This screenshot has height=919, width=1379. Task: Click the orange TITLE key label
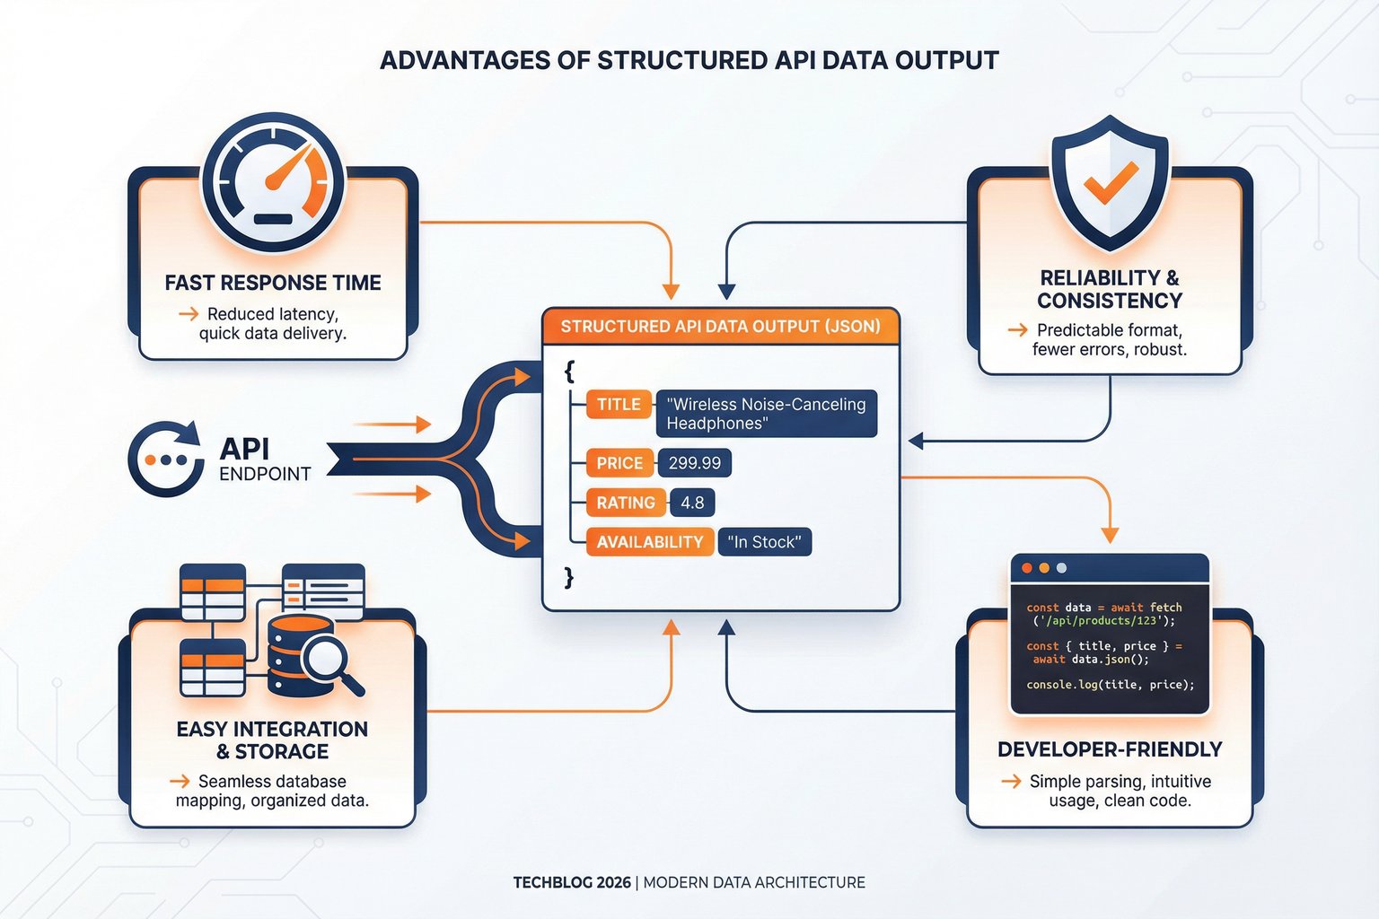click(x=619, y=405)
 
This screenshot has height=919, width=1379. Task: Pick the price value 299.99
click(x=694, y=463)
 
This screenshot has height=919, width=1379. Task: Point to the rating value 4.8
click(x=692, y=503)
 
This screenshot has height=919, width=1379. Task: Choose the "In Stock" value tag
click(x=764, y=542)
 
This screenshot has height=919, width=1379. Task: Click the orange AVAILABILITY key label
click(x=649, y=542)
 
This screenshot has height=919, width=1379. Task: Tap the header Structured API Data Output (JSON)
click(x=720, y=327)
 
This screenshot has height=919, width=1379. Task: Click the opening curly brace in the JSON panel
click(x=569, y=370)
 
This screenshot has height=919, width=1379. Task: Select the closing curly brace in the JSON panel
click(x=569, y=577)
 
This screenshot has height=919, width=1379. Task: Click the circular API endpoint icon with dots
click(x=166, y=459)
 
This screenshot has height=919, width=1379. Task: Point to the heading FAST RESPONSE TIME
click(x=273, y=283)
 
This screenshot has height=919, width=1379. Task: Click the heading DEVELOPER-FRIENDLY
click(x=1110, y=749)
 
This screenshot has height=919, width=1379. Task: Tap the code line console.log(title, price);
click(x=1110, y=685)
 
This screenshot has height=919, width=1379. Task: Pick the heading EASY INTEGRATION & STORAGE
click(x=272, y=740)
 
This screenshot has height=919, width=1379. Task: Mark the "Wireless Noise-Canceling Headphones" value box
click(x=766, y=414)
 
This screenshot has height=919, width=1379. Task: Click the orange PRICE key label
click(x=619, y=463)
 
